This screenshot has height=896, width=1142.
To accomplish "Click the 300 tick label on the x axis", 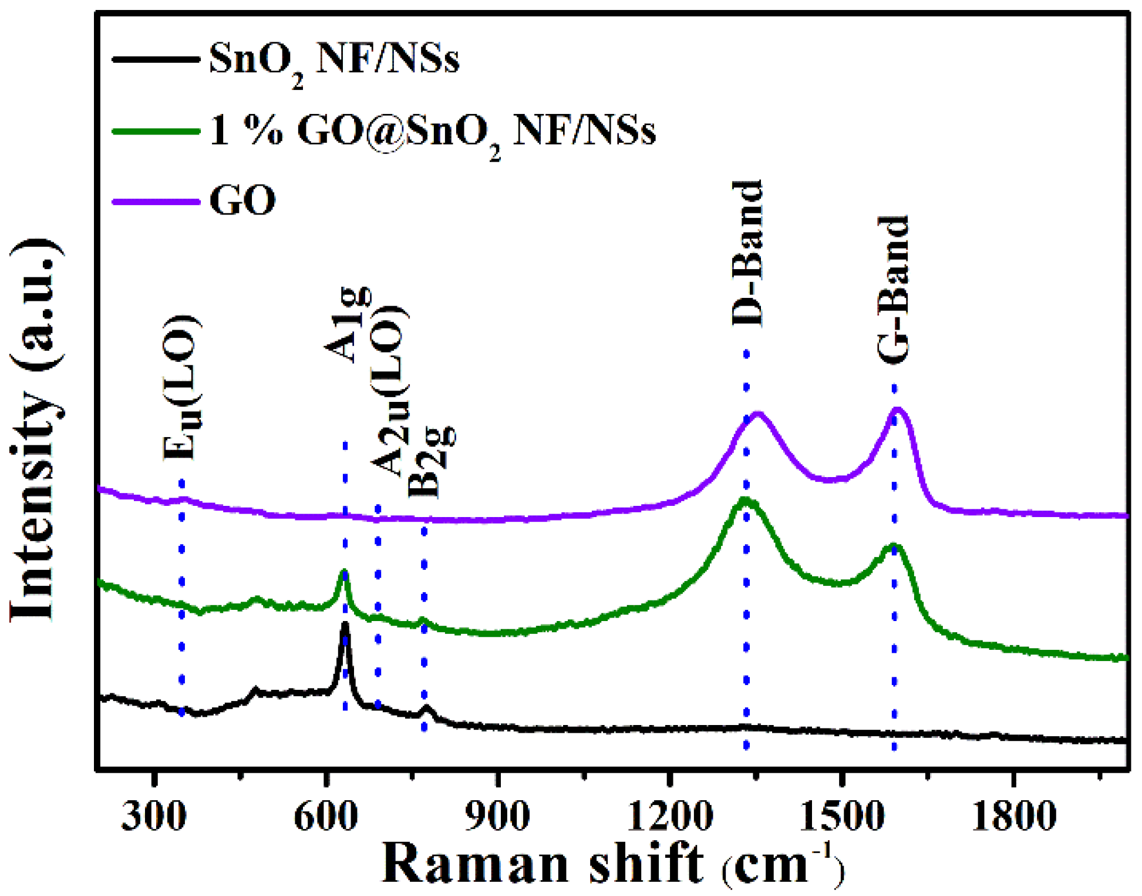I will [153, 816].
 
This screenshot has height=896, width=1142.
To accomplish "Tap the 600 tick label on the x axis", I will [326, 816].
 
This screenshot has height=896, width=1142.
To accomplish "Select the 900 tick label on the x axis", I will [497, 816].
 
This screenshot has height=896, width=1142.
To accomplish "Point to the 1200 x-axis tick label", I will [669, 816].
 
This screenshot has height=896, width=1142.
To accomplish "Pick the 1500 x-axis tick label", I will [841, 816].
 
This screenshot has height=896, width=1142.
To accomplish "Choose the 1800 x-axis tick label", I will [1013, 816].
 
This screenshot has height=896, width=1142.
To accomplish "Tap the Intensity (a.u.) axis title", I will [36, 429].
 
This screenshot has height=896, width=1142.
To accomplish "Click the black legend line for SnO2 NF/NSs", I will [156, 59].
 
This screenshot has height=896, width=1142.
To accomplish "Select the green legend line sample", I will [156, 130].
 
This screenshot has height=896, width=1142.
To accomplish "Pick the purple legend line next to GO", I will [156, 202].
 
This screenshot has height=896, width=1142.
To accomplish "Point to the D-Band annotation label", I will [747, 254].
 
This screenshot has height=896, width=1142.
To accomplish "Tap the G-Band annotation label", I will [893, 289].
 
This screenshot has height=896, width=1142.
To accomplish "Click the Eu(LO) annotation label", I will [182, 388].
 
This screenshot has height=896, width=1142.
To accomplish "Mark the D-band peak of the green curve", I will [745, 501].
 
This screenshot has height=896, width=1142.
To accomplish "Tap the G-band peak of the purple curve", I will [897, 410].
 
